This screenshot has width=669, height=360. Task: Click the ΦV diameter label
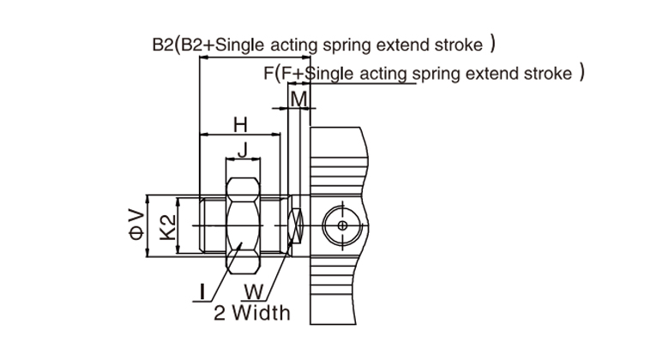pos(136,225)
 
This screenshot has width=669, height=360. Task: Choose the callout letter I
pos(201,291)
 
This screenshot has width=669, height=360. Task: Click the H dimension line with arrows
pos(240,135)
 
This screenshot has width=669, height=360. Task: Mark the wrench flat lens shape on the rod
pos(297,225)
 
